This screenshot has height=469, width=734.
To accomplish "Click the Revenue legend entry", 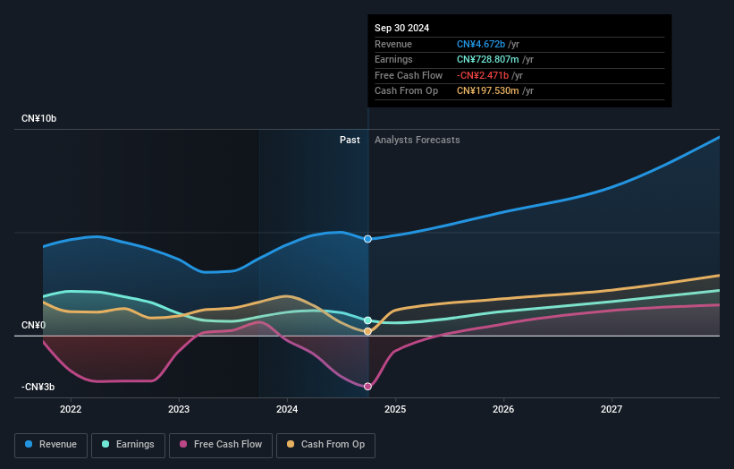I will pos(51,444).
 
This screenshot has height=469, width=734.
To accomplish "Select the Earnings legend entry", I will pos(128,444).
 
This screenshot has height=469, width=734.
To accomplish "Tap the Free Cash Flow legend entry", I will pos(220,444).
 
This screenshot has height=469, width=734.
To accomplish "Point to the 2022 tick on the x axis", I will pos(71,409).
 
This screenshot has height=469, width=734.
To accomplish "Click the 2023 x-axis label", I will pos(179,409).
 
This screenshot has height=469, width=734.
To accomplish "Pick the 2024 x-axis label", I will pos(287,409).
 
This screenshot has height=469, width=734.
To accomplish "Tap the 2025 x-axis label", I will pos(395,409).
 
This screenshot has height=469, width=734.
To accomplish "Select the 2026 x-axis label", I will pos(503,409).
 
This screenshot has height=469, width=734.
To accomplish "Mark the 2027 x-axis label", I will pos(612,409).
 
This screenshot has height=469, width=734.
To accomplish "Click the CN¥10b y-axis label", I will pos(39,118).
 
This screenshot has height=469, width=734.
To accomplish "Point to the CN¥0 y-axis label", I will pos(33,325).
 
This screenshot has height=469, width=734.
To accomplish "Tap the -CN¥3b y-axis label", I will pos(38,387).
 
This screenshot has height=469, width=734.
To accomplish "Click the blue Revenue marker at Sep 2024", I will pos(367,239).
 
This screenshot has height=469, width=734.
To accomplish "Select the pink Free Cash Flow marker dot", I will pos(367,387).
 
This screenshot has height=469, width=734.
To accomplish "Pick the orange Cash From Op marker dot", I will pos(367,331).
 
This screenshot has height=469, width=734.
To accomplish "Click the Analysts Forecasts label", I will pos(418,140).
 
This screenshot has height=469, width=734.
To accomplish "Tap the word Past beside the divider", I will pos(350,140).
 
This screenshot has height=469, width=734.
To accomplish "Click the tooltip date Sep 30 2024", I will pos(401,28).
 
